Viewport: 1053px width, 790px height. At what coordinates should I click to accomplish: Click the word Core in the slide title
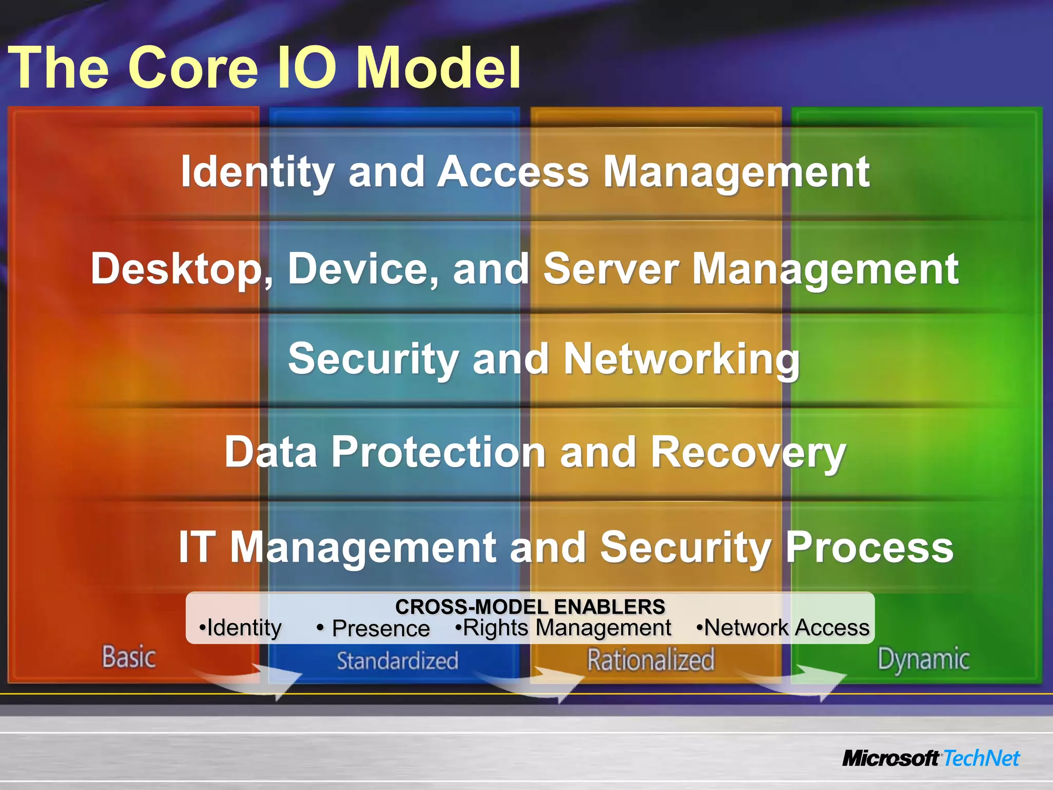coord(192,68)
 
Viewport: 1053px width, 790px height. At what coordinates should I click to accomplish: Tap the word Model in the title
coord(438,68)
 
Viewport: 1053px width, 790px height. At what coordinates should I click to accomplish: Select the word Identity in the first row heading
coord(258,172)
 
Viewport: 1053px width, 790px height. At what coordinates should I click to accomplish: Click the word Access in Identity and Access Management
coord(513,172)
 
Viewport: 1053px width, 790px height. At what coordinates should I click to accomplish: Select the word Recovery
coord(748,452)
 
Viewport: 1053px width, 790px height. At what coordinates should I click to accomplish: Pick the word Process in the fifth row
coord(869,547)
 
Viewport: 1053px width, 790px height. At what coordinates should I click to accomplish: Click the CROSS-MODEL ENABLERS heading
coord(530,607)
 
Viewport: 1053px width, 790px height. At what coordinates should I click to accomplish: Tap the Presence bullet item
coord(380,629)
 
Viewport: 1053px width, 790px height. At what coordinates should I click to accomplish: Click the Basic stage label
coord(129,658)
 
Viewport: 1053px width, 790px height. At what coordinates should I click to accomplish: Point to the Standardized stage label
coord(397,661)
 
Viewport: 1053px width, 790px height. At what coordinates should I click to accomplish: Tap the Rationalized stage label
coord(651,660)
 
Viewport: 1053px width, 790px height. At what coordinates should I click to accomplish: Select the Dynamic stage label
coord(923,660)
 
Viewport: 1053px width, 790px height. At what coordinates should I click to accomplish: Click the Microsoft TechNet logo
coord(931,759)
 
